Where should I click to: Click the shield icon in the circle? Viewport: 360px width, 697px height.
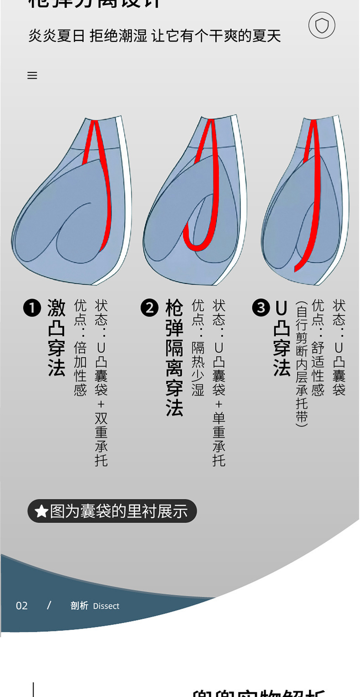coord(322,26)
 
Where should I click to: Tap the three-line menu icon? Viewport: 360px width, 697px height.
coord(32,76)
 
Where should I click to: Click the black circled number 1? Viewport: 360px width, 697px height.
coord(32,308)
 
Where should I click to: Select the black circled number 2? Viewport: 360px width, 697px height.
coord(149,308)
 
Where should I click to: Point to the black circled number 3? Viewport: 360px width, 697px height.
coord(261,308)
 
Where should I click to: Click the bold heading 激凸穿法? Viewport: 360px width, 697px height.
coord(57,338)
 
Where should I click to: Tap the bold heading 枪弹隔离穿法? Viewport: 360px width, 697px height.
coord(174,358)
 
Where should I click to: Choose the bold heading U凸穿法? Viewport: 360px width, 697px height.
coord(282,338)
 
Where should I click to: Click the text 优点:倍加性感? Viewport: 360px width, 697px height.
coord(80,347)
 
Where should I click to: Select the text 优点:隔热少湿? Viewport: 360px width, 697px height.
coord(198,347)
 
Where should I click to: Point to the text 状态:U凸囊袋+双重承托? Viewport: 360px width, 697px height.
coord(101,383)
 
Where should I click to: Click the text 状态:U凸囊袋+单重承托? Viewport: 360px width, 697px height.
coord(219,383)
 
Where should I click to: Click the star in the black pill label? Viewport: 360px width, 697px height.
coord(41,512)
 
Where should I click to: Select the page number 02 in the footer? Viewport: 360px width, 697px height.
coord(22,606)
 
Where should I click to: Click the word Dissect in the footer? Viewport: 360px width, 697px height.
coord(106,606)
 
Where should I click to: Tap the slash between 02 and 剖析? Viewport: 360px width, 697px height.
coord(49,605)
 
